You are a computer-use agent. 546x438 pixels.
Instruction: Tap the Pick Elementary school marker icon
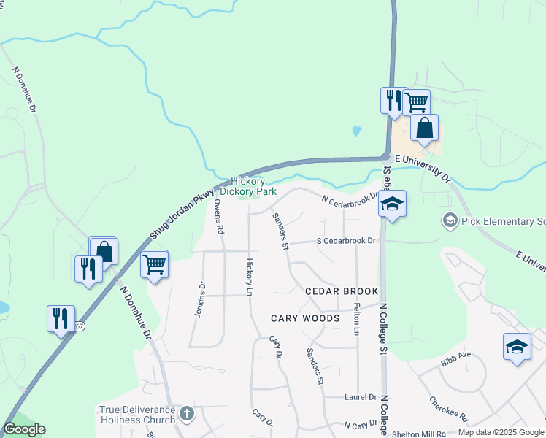450,220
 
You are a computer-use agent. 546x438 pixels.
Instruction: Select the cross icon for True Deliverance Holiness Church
187,415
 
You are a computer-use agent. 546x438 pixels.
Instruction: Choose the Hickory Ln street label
249,277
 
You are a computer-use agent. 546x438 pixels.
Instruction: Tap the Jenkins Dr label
198,300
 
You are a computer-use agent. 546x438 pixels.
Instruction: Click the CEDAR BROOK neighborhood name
342,291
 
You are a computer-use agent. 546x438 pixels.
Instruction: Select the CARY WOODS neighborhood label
305,318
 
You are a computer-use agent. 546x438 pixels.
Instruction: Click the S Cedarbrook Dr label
345,241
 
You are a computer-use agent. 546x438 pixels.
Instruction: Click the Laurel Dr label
360,397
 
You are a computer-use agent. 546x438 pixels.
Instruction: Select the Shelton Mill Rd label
420,433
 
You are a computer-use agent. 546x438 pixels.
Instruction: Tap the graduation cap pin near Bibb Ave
517,347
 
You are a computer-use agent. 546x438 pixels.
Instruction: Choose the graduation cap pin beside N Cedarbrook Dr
392,204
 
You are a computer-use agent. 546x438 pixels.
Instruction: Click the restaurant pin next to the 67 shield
60,318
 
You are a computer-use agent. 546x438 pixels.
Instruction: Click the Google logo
24,429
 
